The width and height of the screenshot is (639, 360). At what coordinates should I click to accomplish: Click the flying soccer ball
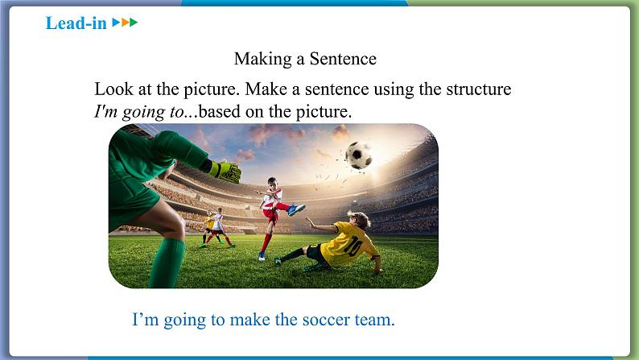pos(359,155)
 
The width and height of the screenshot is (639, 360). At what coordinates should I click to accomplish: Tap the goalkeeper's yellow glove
pos(226,172)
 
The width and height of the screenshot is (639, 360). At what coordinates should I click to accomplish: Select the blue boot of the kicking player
pos(296,209)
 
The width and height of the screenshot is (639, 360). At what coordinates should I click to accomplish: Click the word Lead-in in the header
pos(76,23)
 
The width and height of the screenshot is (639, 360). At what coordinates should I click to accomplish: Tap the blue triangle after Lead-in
pos(116,22)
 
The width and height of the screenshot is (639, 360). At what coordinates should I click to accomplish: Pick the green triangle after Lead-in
pos(134,22)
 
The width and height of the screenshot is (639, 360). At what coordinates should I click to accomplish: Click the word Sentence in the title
pos(343,59)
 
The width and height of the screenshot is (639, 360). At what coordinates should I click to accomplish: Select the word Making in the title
pos(263,60)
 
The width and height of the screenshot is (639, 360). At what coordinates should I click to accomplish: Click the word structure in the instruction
pos(478,89)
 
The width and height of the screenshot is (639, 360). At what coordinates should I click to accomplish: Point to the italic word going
pos(142,112)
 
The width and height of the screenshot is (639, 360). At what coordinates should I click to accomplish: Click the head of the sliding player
pos(361,220)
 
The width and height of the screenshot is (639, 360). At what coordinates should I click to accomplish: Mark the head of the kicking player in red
pos(273,182)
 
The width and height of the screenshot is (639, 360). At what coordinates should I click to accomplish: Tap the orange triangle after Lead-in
pos(125,22)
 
